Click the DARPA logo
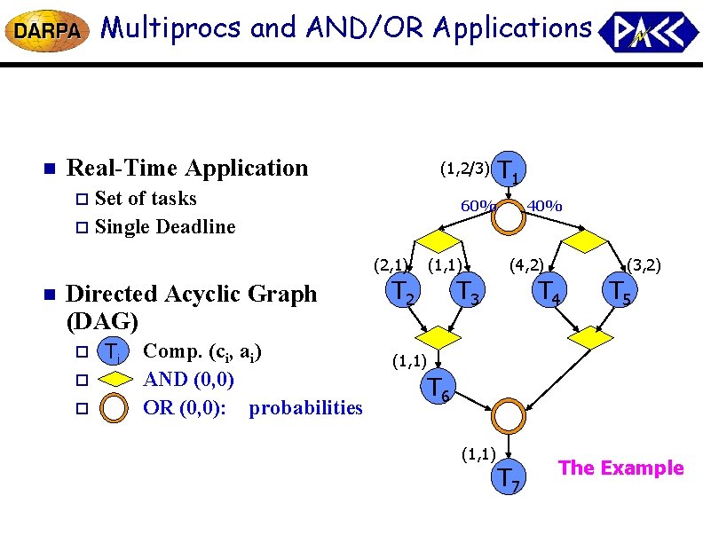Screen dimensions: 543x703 pos(46,31)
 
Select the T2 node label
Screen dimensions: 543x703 pos(404,290)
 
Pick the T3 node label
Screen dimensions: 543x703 pos(467,290)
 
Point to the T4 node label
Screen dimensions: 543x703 pos(548,290)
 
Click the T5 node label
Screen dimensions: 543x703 pos(620,290)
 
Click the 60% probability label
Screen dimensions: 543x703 pos(477,207)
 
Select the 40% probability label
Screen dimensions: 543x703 pos(543,207)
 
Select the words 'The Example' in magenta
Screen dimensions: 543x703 pos(621,468)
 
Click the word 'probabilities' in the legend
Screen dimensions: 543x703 pos(306,408)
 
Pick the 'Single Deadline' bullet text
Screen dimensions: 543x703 pos(165,226)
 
